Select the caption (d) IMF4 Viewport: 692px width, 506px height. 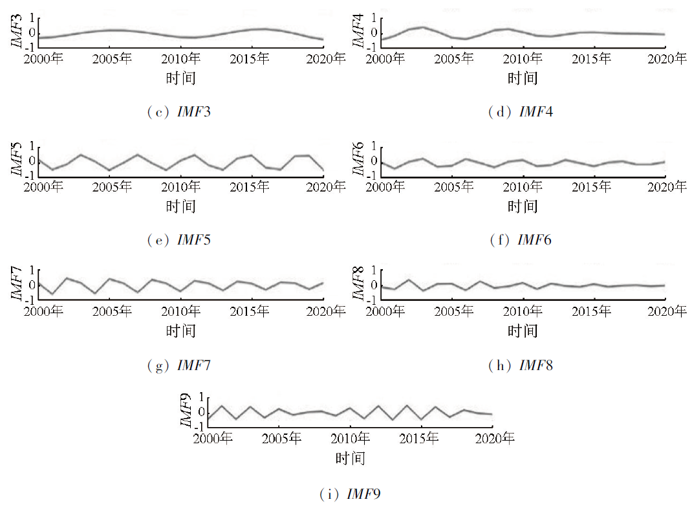(521, 112)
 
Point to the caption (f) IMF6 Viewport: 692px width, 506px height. (521, 240)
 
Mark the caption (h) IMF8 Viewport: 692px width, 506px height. (521, 366)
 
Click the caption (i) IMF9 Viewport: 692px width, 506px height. (350, 495)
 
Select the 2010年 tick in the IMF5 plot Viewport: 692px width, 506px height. (180, 187)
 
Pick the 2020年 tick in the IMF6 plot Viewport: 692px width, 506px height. (667, 187)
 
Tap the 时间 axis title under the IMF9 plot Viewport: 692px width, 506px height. (350, 459)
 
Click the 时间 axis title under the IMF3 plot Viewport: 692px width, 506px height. (180, 78)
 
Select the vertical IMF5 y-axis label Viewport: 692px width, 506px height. (16, 159)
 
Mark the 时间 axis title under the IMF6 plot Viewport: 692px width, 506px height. (522, 206)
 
